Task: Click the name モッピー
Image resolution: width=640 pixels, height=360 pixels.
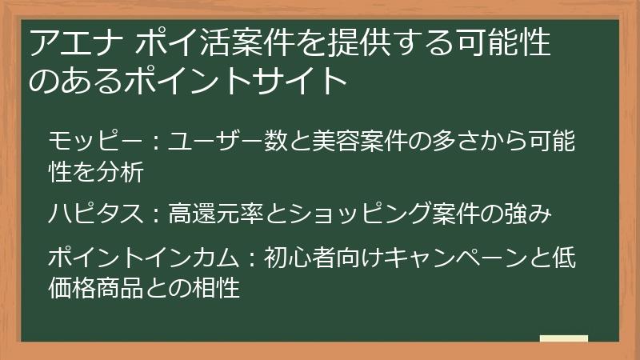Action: pos(95,142)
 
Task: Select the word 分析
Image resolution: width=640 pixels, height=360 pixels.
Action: pos(120,172)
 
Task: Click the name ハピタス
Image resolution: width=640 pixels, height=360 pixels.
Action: pos(95,214)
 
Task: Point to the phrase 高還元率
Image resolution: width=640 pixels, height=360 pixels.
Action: pos(215,214)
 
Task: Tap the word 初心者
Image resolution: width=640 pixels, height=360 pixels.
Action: pos(299,258)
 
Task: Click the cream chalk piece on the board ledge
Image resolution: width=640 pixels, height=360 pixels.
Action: pos(564,338)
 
